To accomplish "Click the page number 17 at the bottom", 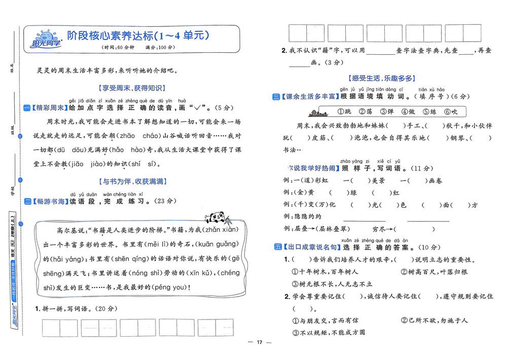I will pos(259,343).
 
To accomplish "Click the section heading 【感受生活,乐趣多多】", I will pos(382,78).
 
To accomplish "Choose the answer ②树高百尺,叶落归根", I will pos(434,272).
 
